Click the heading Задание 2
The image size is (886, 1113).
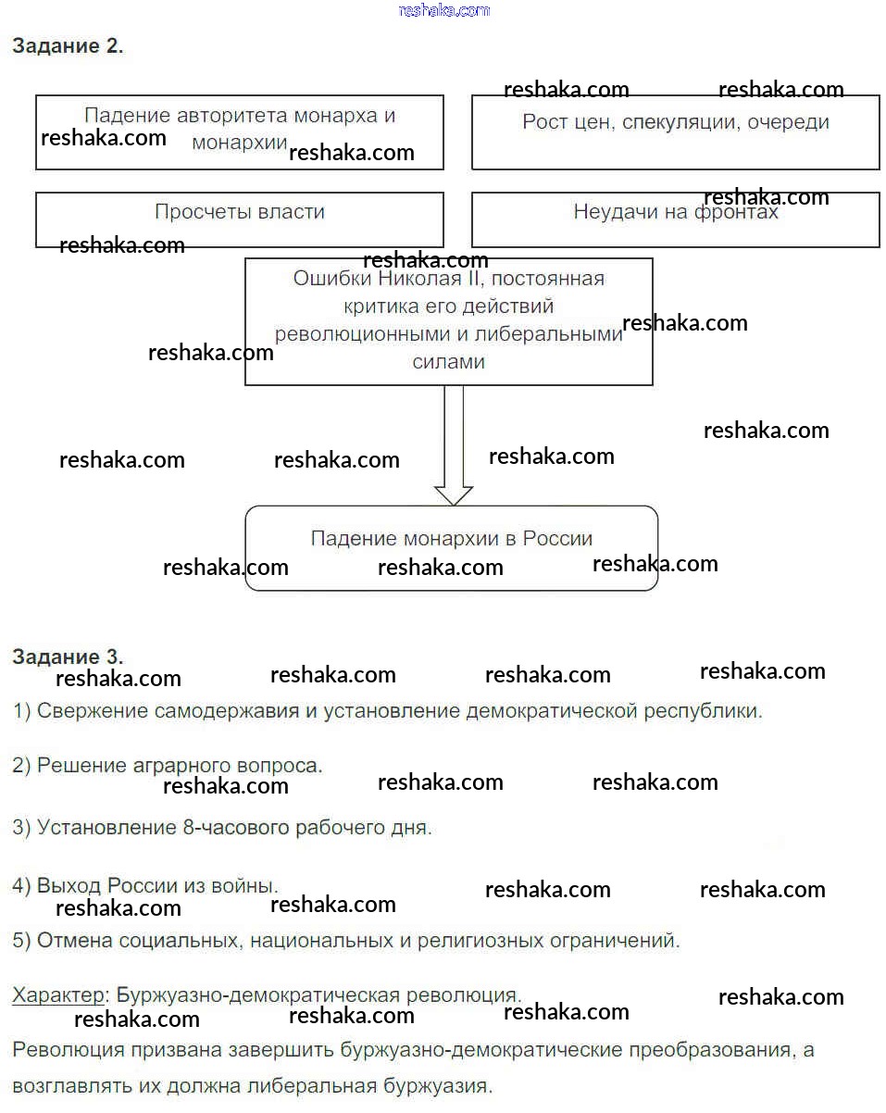[67, 46]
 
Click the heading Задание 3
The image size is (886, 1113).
[67, 657]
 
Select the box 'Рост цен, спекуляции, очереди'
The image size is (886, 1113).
[675, 131]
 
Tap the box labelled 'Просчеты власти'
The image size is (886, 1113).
[239, 219]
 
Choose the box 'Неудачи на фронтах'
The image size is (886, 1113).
[675, 219]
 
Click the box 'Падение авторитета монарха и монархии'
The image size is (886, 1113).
[239, 131]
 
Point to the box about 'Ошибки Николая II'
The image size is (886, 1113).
[448, 320]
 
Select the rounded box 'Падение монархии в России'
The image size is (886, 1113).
[451, 547]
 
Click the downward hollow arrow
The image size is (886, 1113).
[454, 445]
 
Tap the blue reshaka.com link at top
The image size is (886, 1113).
[443, 10]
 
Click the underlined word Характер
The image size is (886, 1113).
[58, 995]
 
